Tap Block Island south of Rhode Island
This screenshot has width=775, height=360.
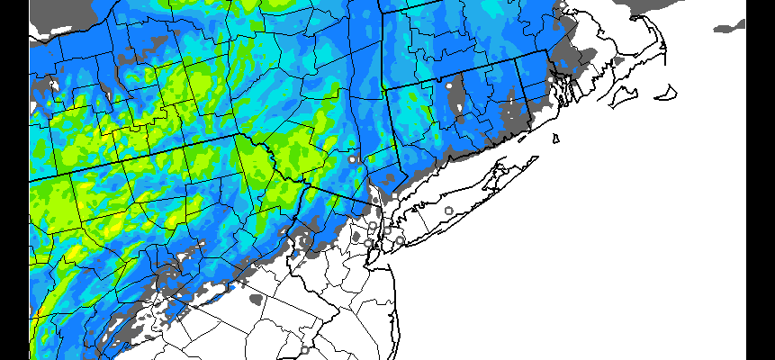(x=556, y=139)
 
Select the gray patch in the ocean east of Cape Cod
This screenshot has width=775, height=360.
(x=729, y=28)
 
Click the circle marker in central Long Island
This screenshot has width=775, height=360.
(x=449, y=211)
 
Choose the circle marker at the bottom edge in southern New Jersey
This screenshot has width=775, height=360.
(x=304, y=349)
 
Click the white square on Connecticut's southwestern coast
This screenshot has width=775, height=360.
(x=394, y=194)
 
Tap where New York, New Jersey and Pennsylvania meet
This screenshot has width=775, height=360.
(x=306, y=183)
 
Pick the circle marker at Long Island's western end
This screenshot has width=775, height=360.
(x=400, y=240)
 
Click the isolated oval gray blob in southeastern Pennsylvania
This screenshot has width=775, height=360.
(x=257, y=297)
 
